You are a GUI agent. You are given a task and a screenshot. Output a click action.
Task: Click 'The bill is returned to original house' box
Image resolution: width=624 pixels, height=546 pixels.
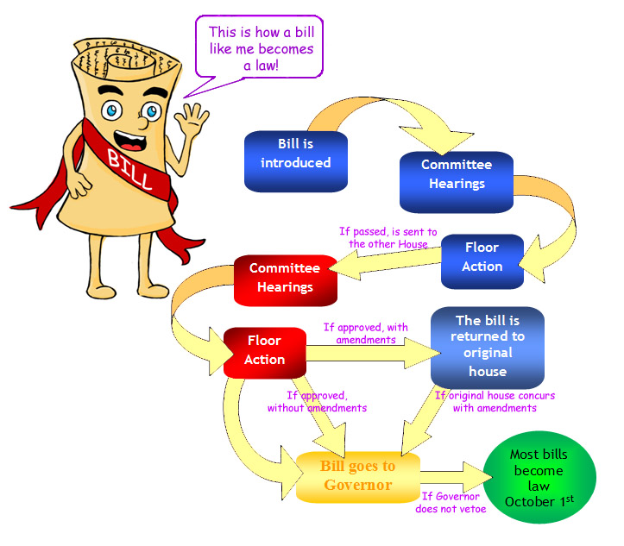488,346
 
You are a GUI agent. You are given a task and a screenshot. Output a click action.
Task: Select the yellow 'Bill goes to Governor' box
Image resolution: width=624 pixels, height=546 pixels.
357,476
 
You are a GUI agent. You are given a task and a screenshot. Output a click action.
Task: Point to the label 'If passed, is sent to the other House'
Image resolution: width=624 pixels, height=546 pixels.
388,237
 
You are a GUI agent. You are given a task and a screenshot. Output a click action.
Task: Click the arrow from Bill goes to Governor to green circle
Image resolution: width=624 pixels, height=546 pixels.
452,476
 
